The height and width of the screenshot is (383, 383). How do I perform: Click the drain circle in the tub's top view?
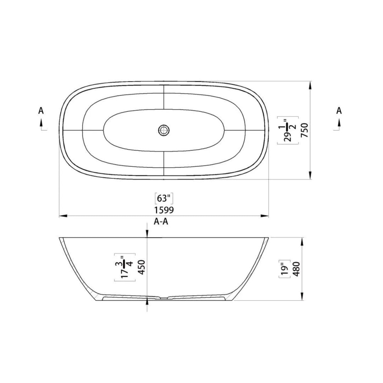pyautogui.click(x=164, y=130)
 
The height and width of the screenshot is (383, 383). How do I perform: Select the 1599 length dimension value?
pyautogui.click(x=164, y=210)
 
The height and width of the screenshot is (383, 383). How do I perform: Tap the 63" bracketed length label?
pyautogui.click(x=164, y=198)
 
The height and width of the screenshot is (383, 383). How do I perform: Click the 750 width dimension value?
pyautogui.click(x=305, y=130)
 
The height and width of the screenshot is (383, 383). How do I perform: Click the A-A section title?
pyautogui.click(x=161, y=223)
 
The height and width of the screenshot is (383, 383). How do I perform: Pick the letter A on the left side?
pyautogui.click(x=41, y=111)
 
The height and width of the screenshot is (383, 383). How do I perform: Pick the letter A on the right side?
pyautogui.click(x=339, y=111)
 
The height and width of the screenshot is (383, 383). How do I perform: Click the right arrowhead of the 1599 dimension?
pyautogui.click(x=265, y=216)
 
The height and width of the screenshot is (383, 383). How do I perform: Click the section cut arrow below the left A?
pyautogui.click(x=41, y=123)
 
